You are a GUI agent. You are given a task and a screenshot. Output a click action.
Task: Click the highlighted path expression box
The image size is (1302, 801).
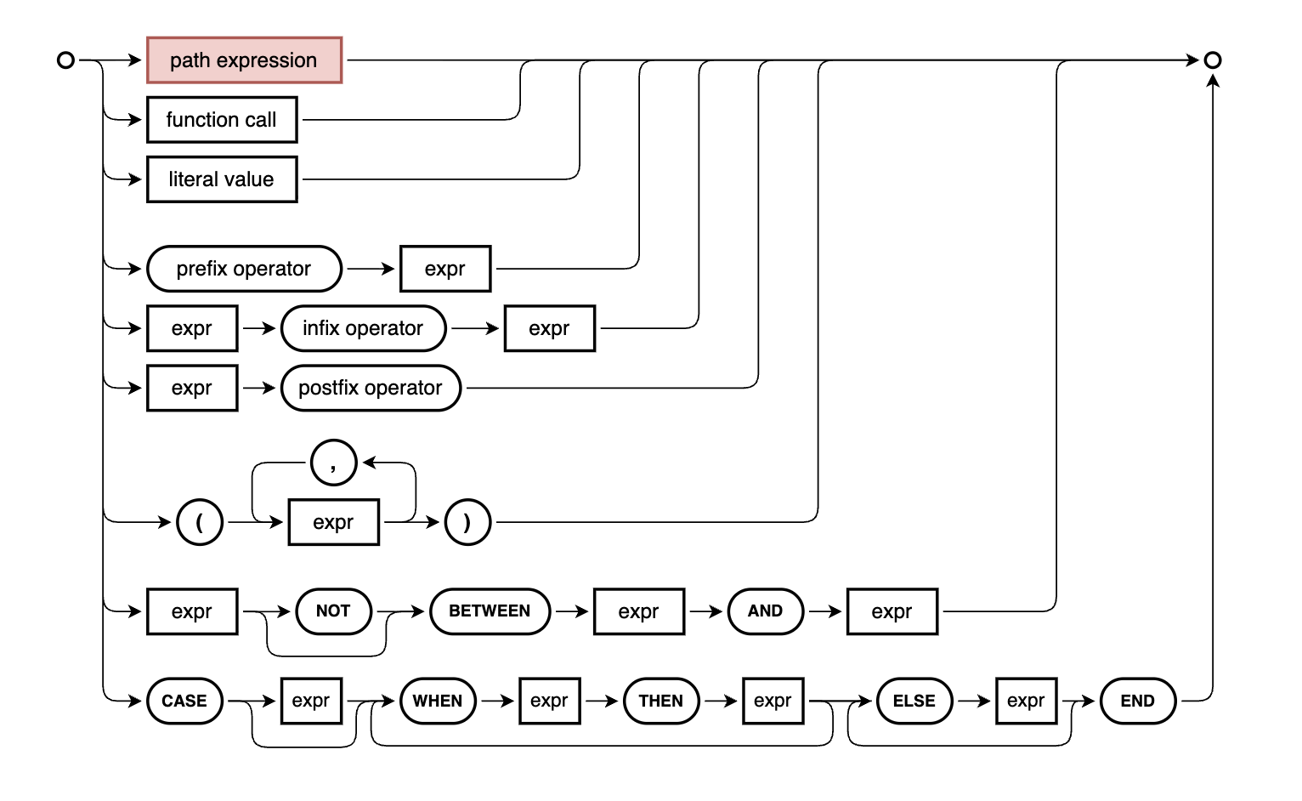[x=244, y=60]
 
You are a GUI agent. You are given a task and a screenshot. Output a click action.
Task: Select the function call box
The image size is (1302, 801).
[x=222, y=120]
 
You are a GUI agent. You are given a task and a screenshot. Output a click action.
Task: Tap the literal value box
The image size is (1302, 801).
[x=222, y=179]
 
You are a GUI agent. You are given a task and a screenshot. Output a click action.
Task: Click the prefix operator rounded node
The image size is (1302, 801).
[x=244, y=269]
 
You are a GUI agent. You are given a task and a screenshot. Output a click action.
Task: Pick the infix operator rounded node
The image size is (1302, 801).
[x=363, y=328]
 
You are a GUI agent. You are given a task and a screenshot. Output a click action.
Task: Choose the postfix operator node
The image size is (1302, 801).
[x=371, y=388]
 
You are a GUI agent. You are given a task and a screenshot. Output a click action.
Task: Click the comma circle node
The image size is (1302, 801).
[x=333, y=463]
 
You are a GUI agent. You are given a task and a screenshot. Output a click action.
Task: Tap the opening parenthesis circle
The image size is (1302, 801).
[x=200, y=522]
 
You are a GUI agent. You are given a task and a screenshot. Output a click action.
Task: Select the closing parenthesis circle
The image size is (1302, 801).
[x=467, y=522]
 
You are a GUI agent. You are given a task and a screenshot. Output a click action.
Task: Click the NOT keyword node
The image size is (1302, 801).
[x=333, y=611]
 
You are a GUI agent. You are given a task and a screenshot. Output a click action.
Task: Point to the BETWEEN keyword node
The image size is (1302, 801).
[x=490, y=611]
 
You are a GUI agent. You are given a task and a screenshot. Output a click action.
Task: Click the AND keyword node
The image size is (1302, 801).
[x=765, y=611]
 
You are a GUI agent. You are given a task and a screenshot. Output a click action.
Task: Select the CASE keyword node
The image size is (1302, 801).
[x=184, y=701]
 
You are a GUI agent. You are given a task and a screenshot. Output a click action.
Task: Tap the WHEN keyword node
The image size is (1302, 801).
[x=438, y=701]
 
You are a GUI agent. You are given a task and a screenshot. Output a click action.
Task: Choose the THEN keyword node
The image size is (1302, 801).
[x=661, y=701]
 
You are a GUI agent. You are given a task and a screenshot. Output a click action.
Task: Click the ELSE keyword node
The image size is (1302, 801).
[x=914, y=701]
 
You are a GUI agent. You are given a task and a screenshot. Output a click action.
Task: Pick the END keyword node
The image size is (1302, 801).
[x=1137, y=701]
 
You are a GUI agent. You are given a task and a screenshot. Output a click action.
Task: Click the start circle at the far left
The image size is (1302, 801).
[x=65, y=60]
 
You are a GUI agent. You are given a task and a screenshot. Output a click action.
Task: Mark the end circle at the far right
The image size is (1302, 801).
[x=1213, y=60]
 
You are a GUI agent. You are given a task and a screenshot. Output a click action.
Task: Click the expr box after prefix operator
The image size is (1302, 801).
[x=445, y=269]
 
